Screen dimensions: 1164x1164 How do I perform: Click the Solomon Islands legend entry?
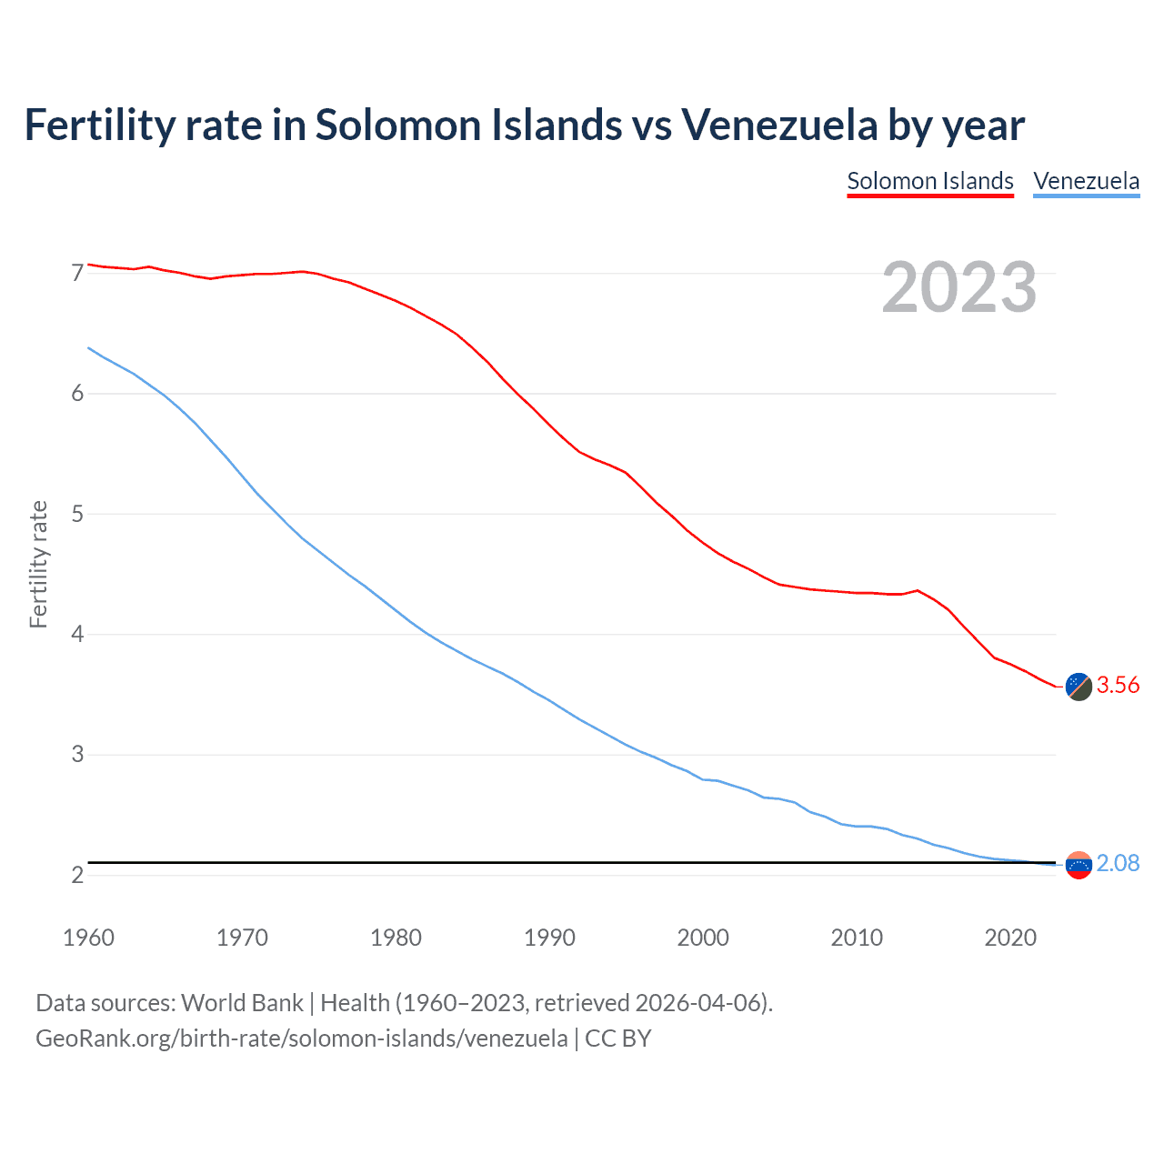tap(929, 181)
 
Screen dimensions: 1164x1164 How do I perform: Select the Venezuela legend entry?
tap(1086, 181)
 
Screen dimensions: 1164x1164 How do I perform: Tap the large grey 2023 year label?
tap(959, 287)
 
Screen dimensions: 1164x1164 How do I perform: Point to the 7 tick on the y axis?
tap(77, 273)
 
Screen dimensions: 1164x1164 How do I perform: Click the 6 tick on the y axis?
tap(77, 393)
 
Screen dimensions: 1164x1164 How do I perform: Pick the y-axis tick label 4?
tap(77, 634)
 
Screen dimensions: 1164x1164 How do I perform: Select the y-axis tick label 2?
tap(77, 875)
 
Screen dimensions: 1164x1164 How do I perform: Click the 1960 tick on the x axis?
tap(88, 938)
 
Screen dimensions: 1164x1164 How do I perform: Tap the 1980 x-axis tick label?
tap(396, 938)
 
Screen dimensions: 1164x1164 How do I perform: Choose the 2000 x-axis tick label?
tap(703, 938)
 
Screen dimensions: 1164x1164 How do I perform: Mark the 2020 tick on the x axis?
tap(1010, 938)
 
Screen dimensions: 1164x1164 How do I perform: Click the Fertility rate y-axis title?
tap(38, 564)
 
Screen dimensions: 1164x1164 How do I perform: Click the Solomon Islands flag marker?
tap(1079, 687)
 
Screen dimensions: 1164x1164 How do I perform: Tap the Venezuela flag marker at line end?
tap(1079, 865)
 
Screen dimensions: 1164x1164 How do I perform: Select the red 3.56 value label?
tap(1118, 686)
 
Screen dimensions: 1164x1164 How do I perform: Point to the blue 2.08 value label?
tap(1118, 863)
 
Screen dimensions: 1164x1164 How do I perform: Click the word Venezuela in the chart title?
tap(779, 125)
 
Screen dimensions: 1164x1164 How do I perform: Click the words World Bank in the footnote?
tap(242, 1003)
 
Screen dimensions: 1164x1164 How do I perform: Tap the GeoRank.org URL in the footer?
tap(301, 1039)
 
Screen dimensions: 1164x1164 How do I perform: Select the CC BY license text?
tap(618, 1039)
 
